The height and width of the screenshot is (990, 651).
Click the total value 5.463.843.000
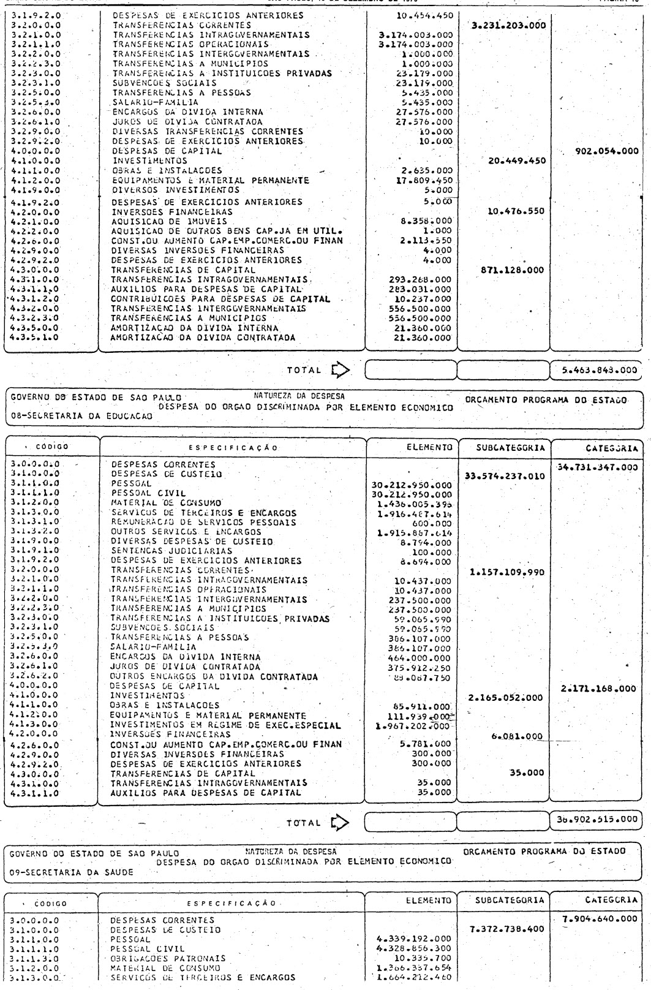coord(598,370)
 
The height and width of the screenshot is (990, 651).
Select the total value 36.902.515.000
coord(598,818)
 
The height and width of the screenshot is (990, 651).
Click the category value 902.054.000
coord(599,151)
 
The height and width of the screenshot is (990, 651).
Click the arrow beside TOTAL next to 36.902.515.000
coord(339,819)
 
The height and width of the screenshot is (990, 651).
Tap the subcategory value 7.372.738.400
coord(505,929)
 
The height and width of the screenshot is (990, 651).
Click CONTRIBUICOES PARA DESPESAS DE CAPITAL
coord(220,299)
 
